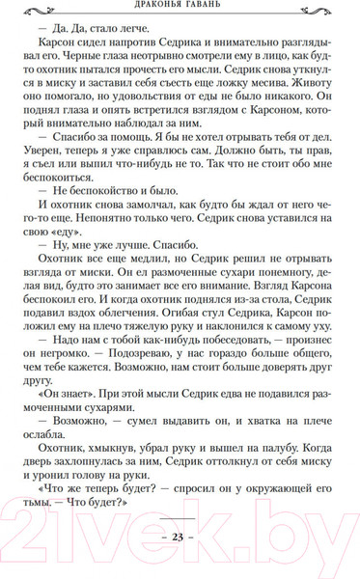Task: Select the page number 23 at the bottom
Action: click(x=180, y=538)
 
